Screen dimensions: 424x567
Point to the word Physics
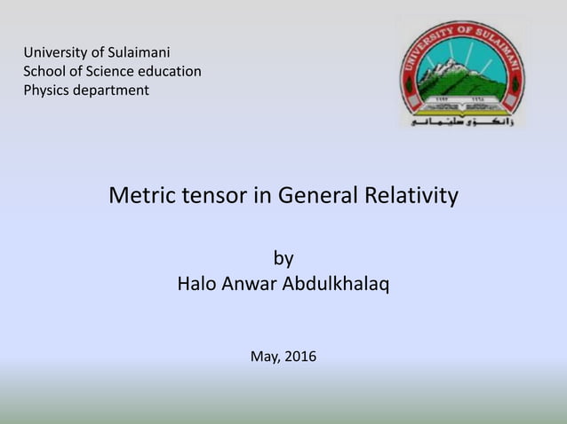(x=47, y=90)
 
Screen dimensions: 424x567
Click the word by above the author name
(x=283, y=259)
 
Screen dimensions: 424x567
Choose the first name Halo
(x=198, y=286)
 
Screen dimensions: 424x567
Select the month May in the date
(x=265, y=357)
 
